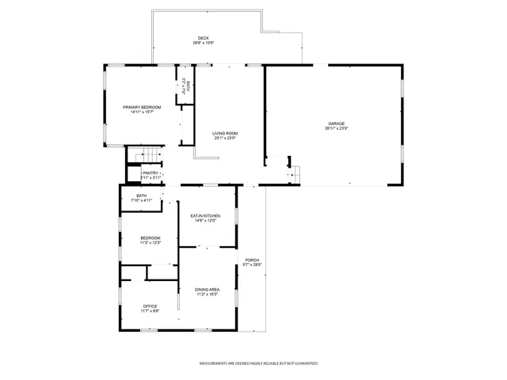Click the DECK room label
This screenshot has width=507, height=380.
point(204,38)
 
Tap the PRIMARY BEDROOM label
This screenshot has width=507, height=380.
point(142,107)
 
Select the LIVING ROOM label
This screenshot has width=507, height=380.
point(225,133)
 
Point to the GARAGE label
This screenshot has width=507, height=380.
point(337,123)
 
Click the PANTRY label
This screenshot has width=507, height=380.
point(151,173)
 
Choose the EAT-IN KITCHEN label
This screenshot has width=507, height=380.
point(204,215)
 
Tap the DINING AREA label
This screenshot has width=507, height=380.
point(208,290)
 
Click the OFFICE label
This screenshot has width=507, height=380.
point(150,306)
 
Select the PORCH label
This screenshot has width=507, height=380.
point(252,260)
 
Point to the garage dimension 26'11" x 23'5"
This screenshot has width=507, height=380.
point(337,128)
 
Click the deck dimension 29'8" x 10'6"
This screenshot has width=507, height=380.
point(204,43)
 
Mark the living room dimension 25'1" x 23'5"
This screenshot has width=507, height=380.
point(225,138)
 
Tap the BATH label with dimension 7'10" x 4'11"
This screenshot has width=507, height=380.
point(141,196)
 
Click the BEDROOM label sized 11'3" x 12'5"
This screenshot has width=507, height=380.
point(151,237)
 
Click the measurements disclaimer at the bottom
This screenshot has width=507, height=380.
point(258,363)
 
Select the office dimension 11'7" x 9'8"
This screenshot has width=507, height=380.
point(150,310)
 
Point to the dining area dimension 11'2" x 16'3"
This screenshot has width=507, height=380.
point(208,294)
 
